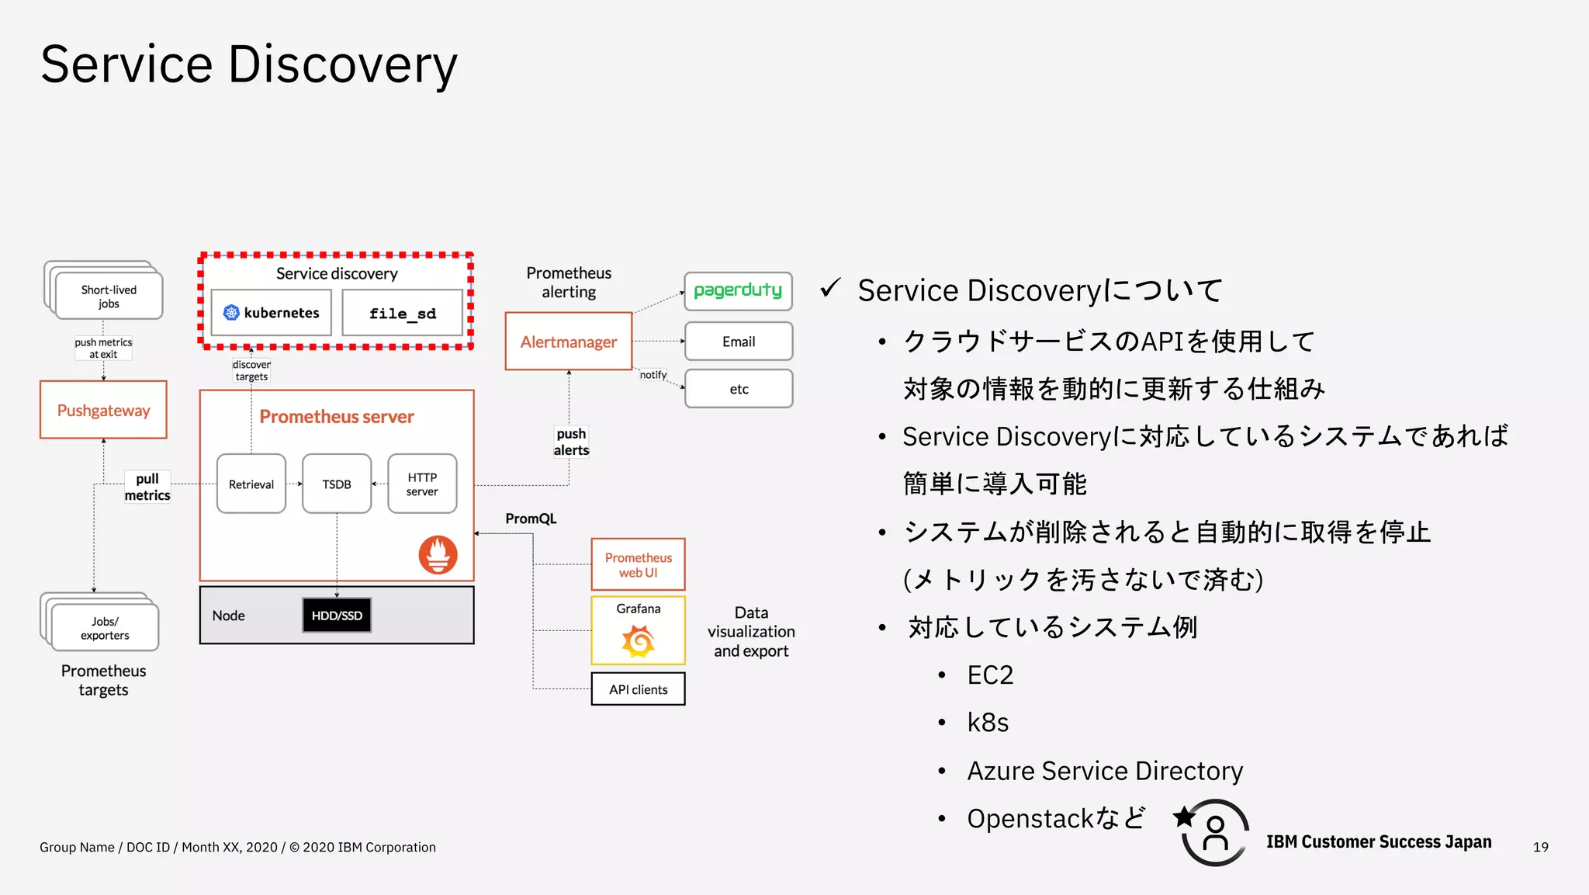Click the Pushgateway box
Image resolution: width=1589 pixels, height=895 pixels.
[103, 410]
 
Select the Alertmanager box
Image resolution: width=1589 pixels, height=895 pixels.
[569, 342]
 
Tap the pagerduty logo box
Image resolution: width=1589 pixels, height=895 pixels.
[738, 291]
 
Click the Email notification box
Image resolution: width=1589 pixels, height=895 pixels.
[738, 342]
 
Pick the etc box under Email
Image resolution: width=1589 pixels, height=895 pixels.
[738, 389]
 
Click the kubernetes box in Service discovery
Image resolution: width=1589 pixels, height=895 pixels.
[272, 313]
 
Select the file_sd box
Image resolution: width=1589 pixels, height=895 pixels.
[402, 314]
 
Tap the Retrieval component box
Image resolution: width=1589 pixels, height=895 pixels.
[251, 484]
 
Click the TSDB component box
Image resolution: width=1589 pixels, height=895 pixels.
[337, 484]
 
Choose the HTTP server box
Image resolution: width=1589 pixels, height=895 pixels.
[422, 484]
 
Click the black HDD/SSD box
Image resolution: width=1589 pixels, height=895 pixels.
[337, 616]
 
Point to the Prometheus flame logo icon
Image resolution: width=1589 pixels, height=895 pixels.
[438, 555]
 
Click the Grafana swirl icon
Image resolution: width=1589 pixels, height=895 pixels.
[638, 641]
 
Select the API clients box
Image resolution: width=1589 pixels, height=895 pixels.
[638, 689]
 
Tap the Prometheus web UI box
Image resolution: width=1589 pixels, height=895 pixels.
[638, 565]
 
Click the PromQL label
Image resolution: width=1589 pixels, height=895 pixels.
[531, 519]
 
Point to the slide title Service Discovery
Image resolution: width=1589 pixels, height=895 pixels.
[249, 64]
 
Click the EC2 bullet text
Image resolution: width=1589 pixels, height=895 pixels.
[990, 675]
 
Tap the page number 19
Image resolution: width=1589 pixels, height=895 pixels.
[1540, 847]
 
